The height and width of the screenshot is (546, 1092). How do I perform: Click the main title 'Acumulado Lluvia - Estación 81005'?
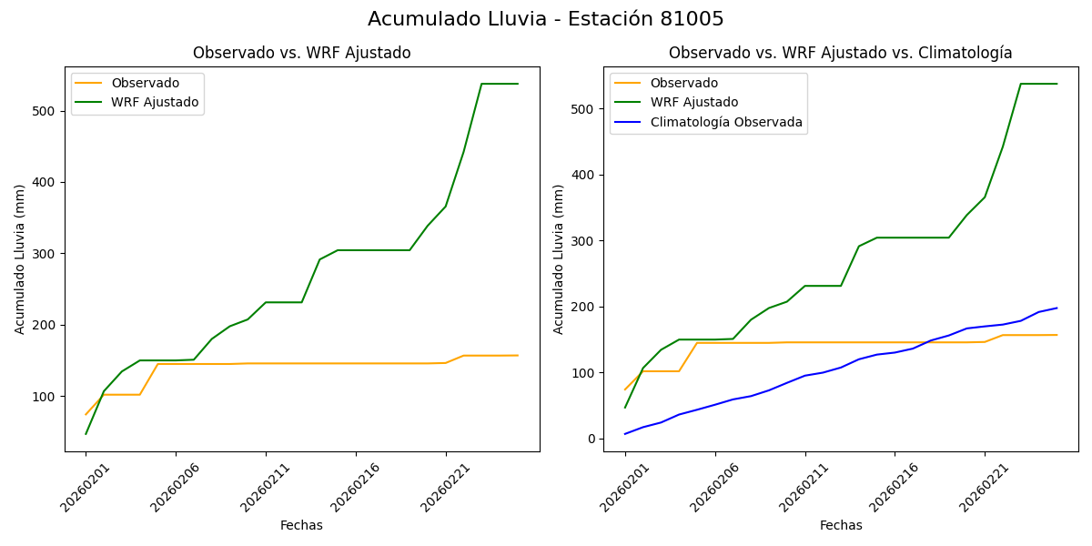coord(546,19)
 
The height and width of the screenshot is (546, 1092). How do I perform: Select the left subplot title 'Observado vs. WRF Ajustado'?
coord(301,53)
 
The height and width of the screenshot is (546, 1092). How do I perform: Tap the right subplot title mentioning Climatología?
coord(840,53)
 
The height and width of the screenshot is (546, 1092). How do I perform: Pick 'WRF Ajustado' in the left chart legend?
coord(155,102)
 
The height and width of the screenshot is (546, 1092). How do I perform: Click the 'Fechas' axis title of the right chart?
coord(841,525)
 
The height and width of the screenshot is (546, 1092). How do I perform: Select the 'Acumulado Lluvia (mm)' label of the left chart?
coord(20,258)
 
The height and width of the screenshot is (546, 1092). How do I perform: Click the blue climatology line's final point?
coord(1057,308)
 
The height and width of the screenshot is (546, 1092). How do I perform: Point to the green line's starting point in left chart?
coord(86,433)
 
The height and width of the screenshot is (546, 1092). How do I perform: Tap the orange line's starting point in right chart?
coord(625,389)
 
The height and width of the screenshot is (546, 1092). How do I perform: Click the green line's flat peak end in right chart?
coord(1057,84)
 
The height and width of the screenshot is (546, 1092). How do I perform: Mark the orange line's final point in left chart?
coord(518,355)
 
